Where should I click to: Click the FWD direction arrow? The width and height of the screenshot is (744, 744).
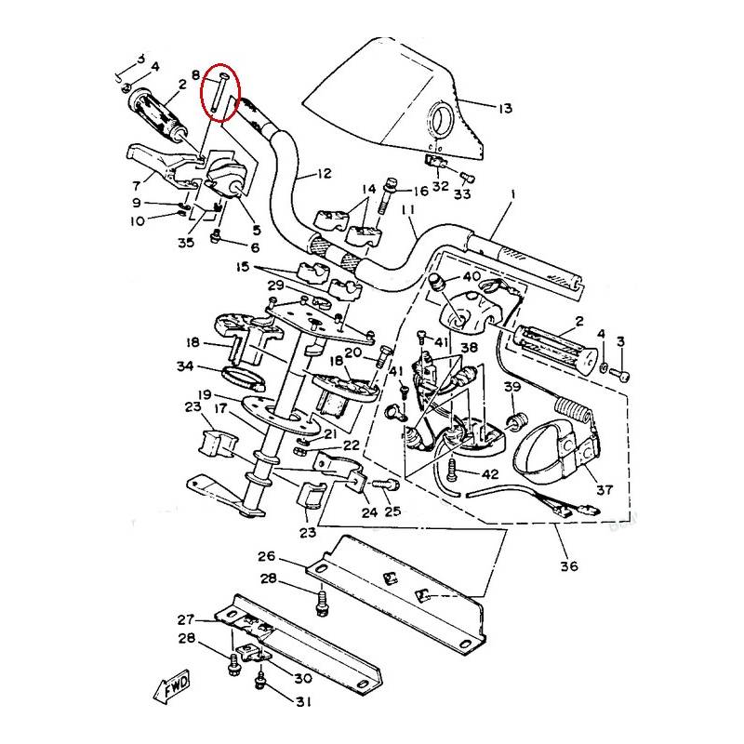click(174, 688)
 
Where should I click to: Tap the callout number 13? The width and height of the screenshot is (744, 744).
click(503, 109)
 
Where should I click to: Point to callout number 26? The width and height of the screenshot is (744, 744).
click(267, 557)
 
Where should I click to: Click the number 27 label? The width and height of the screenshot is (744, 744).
click(185, 620)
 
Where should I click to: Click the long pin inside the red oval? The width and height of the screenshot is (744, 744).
click(220, 93)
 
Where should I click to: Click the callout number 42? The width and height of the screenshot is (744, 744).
click(490, 474)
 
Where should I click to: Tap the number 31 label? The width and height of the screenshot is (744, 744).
click(301, 701)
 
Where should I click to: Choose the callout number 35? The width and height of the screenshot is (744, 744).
click(186, 242)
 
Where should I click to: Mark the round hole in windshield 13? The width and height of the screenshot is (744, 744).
click(441, 120)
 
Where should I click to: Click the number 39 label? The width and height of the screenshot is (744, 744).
click(511, 387)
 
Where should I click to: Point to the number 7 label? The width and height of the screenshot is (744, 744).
click(136, 184)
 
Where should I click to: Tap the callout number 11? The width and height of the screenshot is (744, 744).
click(407, 211)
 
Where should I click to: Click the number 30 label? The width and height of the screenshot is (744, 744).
click(301, 677)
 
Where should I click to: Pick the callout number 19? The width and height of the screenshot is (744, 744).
click(205, 393)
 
